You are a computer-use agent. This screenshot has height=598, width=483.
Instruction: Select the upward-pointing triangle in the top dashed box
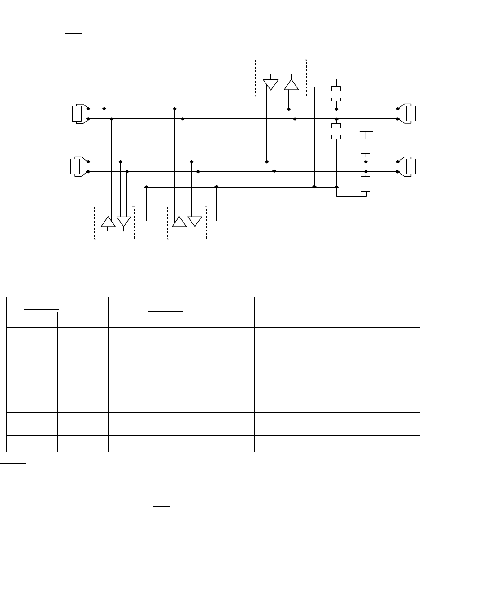292,85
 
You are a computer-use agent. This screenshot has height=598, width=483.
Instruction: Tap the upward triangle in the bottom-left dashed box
108,222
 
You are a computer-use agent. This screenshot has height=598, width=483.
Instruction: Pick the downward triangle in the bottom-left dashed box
124,222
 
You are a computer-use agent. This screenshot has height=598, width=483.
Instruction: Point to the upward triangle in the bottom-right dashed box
180,222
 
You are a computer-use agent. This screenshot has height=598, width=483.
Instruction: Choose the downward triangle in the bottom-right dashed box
195,222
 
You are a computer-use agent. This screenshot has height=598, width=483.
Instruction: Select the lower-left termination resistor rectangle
75,167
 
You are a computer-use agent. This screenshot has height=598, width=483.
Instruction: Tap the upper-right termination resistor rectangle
411,114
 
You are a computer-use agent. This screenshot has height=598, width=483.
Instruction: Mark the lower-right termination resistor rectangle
411,167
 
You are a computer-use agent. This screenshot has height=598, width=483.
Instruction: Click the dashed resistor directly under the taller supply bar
336,93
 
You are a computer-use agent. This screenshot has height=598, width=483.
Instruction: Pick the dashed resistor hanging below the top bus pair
336,131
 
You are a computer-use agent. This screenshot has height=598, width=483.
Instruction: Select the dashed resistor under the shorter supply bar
366,146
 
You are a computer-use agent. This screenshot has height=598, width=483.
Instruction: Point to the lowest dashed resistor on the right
366,184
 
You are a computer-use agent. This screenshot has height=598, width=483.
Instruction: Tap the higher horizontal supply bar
336,79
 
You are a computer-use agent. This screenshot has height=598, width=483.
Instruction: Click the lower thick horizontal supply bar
366,132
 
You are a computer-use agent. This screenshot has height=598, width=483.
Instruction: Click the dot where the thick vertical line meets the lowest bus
314,187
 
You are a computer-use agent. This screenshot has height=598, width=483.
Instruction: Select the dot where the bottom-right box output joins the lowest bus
217,187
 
